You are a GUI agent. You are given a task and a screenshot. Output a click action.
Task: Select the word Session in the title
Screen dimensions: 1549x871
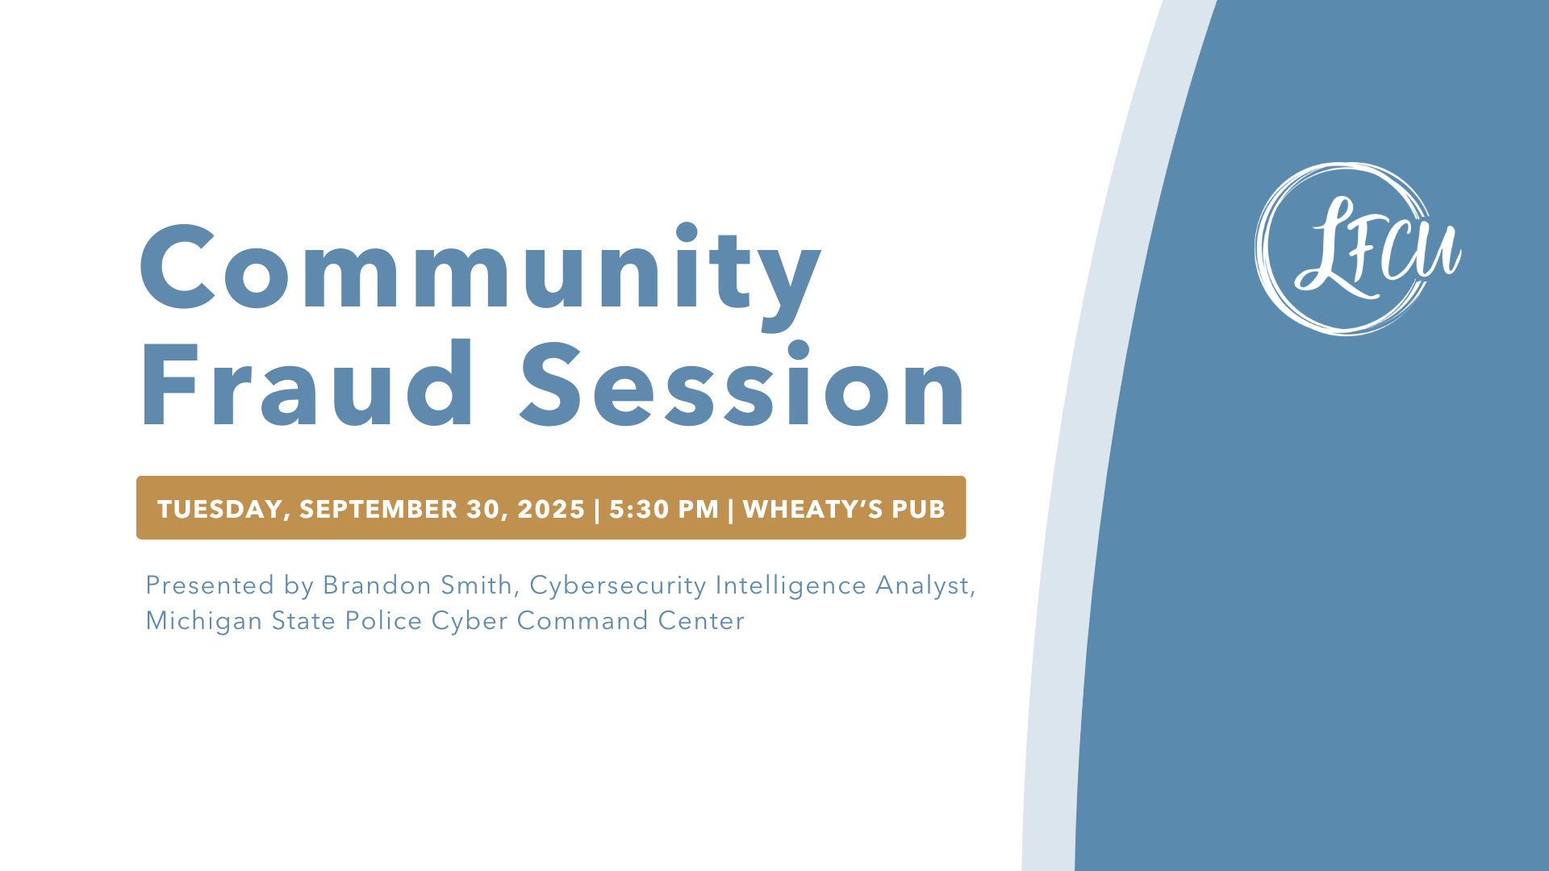(743, 384)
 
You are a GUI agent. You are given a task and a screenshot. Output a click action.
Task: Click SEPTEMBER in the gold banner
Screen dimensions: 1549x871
(378, 509)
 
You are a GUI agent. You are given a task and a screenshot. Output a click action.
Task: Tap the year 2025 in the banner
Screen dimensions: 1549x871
(551, 509)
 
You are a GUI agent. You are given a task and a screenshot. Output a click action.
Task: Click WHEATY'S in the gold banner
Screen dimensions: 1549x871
(813, 509)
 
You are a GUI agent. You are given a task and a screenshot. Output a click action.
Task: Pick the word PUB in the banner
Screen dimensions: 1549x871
(918, 509)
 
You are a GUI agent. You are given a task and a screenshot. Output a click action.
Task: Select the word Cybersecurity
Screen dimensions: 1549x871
(618, 586)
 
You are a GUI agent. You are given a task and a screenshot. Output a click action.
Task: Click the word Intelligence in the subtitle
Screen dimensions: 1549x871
(791, 586)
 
